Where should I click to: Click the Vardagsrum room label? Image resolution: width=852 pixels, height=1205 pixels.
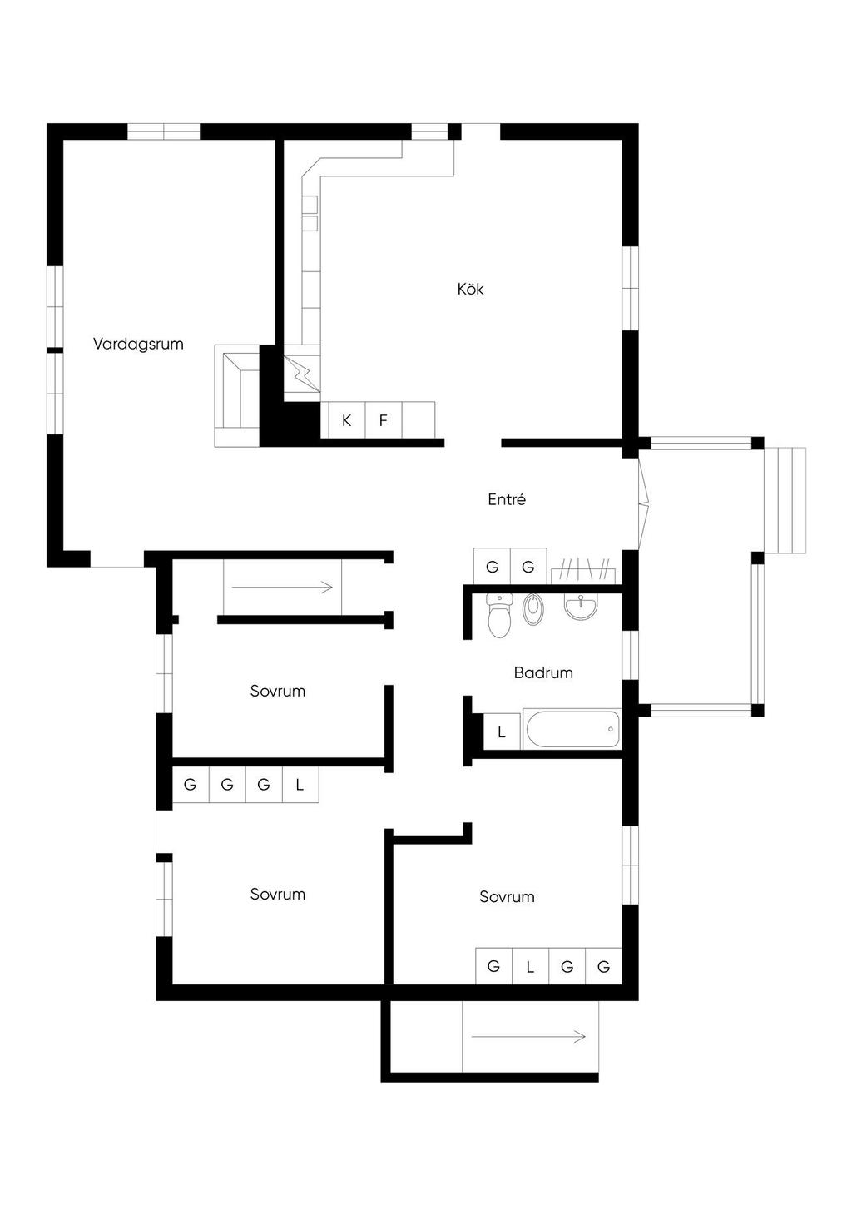click(138, 344)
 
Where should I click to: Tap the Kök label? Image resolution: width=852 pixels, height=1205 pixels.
click(470, 289)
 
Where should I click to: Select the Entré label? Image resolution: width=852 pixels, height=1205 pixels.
click(507, 499)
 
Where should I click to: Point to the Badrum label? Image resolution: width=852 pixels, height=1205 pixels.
click(543, 672)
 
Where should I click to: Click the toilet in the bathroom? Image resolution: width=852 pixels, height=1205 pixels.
click(499, 615)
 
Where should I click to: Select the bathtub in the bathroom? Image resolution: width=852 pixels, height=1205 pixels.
click(572, 729)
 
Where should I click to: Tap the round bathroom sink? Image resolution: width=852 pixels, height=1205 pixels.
click(581, 607)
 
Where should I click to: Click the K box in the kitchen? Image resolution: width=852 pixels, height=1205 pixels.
click(347, 420)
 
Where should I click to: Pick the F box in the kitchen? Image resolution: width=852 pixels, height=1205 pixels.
click(384, 420)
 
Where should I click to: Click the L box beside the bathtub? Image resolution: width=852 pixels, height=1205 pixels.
click(502, 732)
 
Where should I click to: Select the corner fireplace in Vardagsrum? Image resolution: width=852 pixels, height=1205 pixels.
click(237, 395)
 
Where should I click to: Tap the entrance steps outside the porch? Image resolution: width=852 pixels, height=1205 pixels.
click(785, 500)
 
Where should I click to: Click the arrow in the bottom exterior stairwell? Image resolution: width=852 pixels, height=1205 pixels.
click(529, 1036)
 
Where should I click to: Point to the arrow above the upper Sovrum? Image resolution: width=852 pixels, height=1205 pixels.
click(283, 588)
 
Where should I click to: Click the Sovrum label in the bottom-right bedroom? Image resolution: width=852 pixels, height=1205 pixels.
click(507, 896)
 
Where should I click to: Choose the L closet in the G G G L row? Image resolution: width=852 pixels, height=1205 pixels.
click(300, 785)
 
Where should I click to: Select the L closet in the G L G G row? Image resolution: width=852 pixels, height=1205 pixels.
click(530, 966)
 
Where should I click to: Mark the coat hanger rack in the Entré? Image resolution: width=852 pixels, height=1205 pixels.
click(583, 570)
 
